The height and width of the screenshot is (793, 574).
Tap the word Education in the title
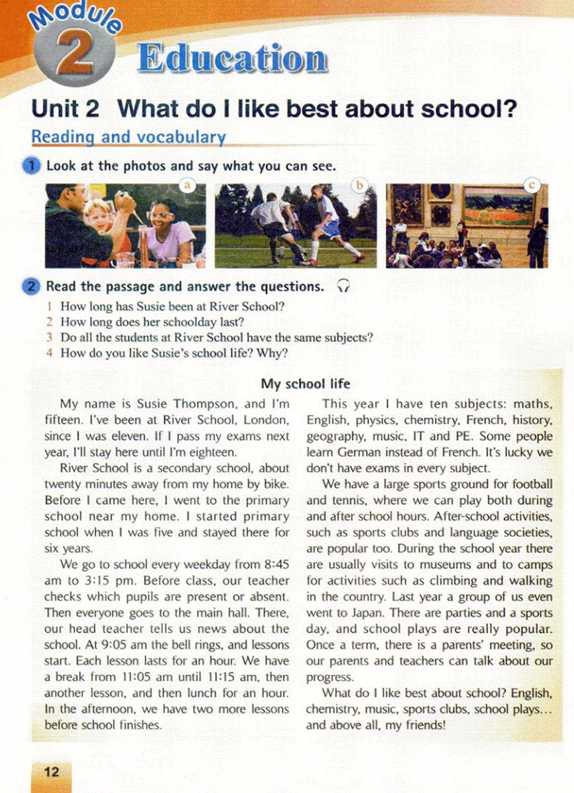click(x=233, y=59)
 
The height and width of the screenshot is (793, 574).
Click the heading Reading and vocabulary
click(x=128, y=137)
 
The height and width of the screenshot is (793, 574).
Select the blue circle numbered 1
click(x=31, y=166)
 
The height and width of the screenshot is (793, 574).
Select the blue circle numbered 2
click(x=31, y=287)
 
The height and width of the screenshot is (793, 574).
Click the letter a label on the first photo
click(x=187, y=184)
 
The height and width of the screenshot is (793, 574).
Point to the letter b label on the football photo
click(x=359, y=184)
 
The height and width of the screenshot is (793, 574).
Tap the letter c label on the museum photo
click(x=531, y=184)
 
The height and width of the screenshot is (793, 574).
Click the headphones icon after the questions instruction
click(x=343, y=287)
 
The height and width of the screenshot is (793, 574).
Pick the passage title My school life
click(x=305, y=384)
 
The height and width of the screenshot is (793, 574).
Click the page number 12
click(x=51, y=772)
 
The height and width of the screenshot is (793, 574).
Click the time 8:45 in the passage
click(x=275, y=564)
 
